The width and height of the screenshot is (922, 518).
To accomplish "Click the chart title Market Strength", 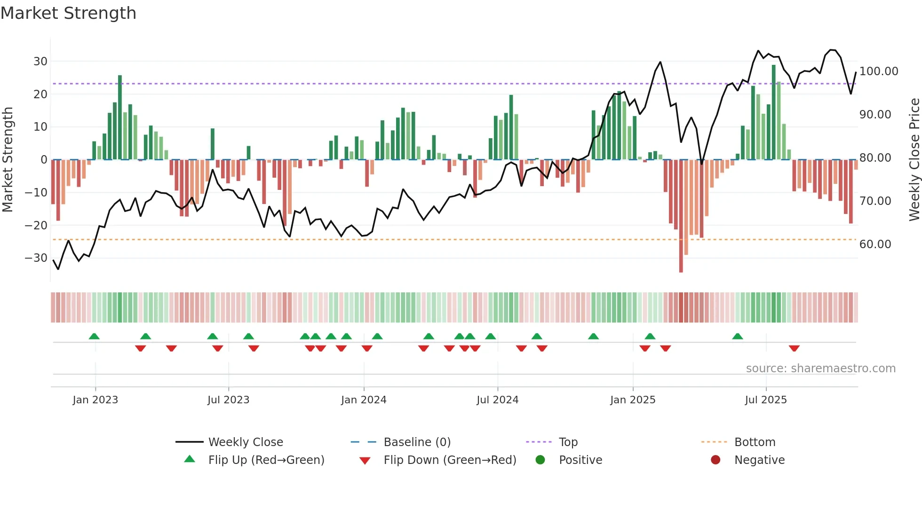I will pyautogui.click(x=68, y=13).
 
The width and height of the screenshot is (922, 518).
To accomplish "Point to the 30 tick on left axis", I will pyautogui.click(x=40, y=62).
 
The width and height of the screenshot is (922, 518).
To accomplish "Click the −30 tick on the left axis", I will pyautogui.click(x=36, y=258).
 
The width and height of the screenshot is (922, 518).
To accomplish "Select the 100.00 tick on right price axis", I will pyautogui.click(x=878, y=71).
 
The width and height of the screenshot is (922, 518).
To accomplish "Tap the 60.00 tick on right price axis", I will pyautogui.click(x=875, y=244).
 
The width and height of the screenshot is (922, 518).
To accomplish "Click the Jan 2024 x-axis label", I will pyautogui.click(x=363, y=400).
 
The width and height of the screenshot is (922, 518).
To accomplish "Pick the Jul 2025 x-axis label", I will pyautogui.click(x=765, y=400).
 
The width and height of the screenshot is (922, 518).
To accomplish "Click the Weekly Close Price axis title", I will pyautogui.click(x=914, y=160).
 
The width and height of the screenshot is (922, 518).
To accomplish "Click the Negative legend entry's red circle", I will pyautogui.click(x=715, y=460).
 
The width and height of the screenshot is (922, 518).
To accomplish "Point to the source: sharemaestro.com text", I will pyautogui.click(x=820, y=369).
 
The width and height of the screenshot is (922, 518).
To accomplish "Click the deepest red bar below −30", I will pyautogui.click(x=681, y=216).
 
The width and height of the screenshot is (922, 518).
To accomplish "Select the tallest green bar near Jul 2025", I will pyautogui.click(x=773, y=113).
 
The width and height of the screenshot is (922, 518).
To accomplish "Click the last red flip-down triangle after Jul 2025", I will pyautogui.click(x=794, y=348).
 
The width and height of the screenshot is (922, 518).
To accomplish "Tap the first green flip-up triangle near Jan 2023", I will pyautogui.click(x=94, y=337).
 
